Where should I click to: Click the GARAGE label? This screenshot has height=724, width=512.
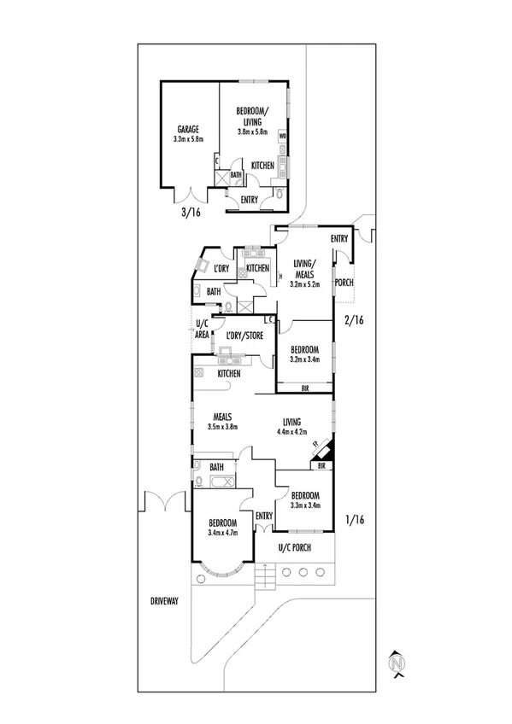click(x=188, y=129)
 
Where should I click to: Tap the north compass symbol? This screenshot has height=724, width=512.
click(x=396, y=663)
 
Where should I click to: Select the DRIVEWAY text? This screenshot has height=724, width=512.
click(x=161, y=601)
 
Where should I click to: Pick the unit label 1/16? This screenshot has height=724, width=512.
click(x=354, y=519)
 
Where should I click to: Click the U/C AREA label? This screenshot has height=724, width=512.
click(x=202, y=330)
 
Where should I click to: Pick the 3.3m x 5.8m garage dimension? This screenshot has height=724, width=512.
click(x=188, y=138)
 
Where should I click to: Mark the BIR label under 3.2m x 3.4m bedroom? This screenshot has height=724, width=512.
click(x=305, y=388)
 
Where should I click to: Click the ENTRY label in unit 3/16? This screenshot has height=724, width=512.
click(x=250, y=200)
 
